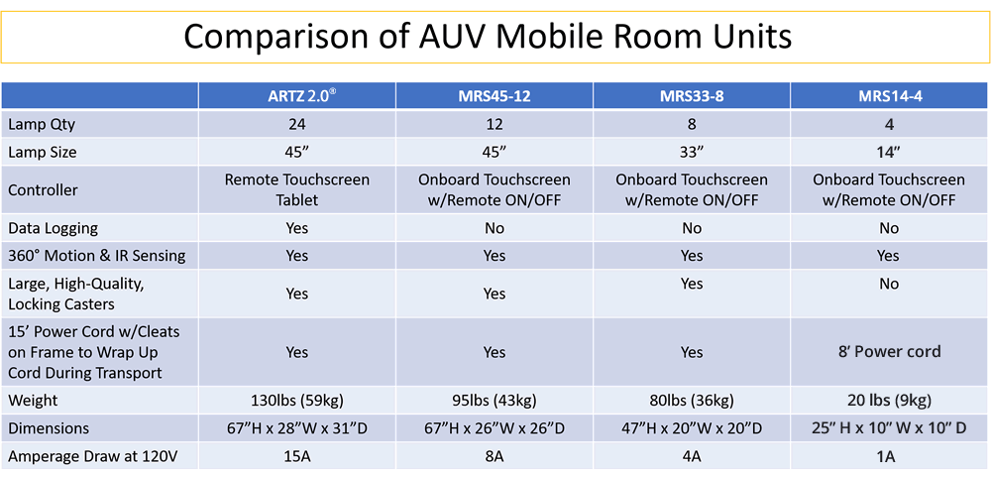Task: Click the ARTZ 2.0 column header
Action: point(296,96)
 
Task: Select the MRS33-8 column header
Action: point(691,96)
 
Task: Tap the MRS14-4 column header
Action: point(888,96)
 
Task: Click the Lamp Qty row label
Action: point(43,125)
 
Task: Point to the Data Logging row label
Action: point(53,228)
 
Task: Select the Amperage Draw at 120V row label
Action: point(86,456)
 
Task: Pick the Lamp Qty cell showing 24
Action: point(296,125)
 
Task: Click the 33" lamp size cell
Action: point(692,153)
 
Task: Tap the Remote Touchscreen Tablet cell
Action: point(296,189)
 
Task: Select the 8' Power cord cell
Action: point(889,352)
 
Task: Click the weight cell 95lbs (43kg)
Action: point(494,401)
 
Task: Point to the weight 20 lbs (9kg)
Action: point(889,401)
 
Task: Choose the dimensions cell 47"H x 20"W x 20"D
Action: point(692,428)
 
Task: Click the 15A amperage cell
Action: point(296,456)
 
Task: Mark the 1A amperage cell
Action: point(889,456)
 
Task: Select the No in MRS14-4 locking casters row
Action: point(889,284)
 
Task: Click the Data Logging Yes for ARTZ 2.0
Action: point(296,228)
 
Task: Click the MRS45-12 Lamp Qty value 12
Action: point(494,125)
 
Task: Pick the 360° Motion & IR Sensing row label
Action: point(96,256)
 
